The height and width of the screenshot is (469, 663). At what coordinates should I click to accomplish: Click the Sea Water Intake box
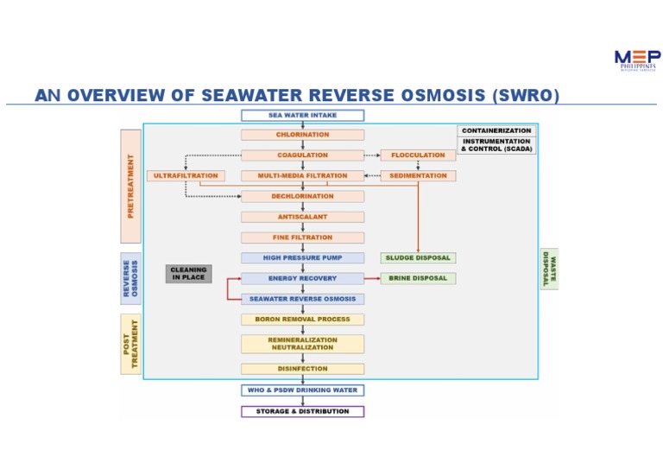coord(302,115)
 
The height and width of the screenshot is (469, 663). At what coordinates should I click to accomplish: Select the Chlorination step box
coord(302,135)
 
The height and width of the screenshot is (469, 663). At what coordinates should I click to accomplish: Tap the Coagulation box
coord(302,155)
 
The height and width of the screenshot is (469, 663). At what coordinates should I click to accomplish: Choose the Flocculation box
coord(418,155)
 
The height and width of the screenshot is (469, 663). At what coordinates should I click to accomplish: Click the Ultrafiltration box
coord(186,176)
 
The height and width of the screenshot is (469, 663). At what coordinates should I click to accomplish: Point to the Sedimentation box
coord(418,176)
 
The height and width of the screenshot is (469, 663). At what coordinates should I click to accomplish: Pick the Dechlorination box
coord(302,196)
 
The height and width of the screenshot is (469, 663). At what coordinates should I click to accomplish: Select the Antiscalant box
coord(302,217)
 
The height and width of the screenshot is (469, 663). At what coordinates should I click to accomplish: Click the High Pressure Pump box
coord(302,257)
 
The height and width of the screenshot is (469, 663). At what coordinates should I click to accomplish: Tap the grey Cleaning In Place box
coord(188,274)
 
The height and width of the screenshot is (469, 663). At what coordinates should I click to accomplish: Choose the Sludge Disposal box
coord(418,257)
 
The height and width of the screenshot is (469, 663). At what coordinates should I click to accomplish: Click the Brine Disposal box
coord(418,278)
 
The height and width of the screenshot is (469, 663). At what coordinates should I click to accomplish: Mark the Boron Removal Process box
coord(302,320)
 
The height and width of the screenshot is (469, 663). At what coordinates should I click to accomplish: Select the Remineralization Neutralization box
coord(302,344)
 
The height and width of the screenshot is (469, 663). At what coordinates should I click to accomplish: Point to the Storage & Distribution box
coord(302,411)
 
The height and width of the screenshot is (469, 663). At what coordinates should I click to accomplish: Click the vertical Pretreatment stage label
coord(130,186)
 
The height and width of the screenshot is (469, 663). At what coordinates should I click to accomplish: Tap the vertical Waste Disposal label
coord(549,269)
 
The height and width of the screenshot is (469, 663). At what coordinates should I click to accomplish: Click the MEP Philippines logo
coord(637,60)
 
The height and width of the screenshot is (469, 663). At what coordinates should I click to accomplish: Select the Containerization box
coord(496,130)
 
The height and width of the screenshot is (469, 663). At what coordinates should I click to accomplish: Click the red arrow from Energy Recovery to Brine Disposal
coord(372,279)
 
